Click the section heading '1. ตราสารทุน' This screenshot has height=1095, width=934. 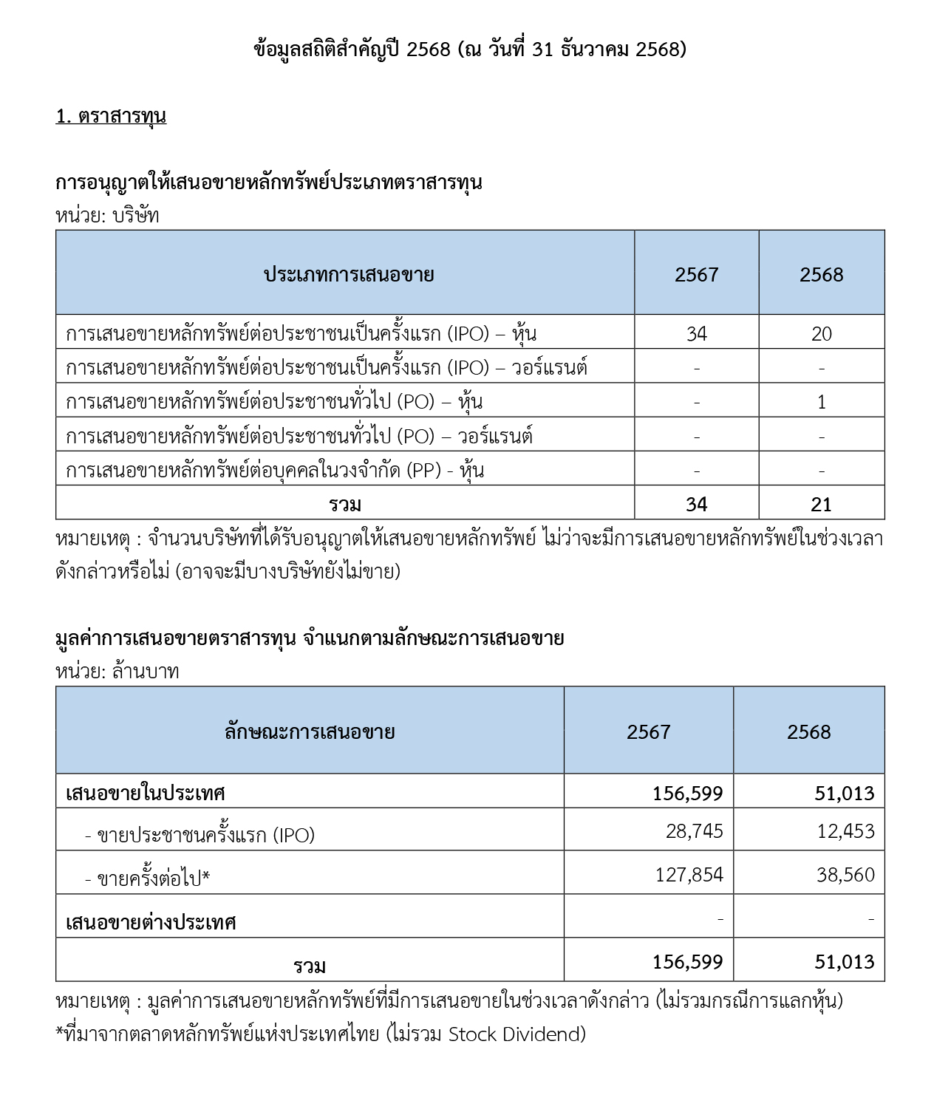(111, 116)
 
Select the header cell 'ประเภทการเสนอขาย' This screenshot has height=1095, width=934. (349, 275)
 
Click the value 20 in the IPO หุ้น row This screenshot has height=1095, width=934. (821, 334)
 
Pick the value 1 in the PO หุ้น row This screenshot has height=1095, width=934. (821, 403)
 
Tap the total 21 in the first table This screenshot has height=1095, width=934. (821, 505)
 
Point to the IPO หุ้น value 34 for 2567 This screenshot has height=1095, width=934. (696, 334)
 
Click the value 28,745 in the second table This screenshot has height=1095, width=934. (694, 831)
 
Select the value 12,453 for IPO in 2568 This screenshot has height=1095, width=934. (845, 831)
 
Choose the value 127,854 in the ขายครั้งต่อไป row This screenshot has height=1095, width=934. (689, 875)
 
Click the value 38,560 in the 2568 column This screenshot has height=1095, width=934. (845, 875)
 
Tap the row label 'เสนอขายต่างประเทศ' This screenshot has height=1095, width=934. (151, 922)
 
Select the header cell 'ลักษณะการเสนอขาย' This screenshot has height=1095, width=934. (310, 732)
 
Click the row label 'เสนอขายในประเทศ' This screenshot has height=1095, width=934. (146, 794)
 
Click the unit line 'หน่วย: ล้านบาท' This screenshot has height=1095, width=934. (117, 672)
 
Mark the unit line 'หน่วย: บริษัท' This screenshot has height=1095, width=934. (107, 216)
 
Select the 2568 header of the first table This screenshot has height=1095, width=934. (821, 275)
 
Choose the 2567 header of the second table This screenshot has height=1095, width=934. (648, 732)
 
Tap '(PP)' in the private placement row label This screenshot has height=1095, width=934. (425, 471)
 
